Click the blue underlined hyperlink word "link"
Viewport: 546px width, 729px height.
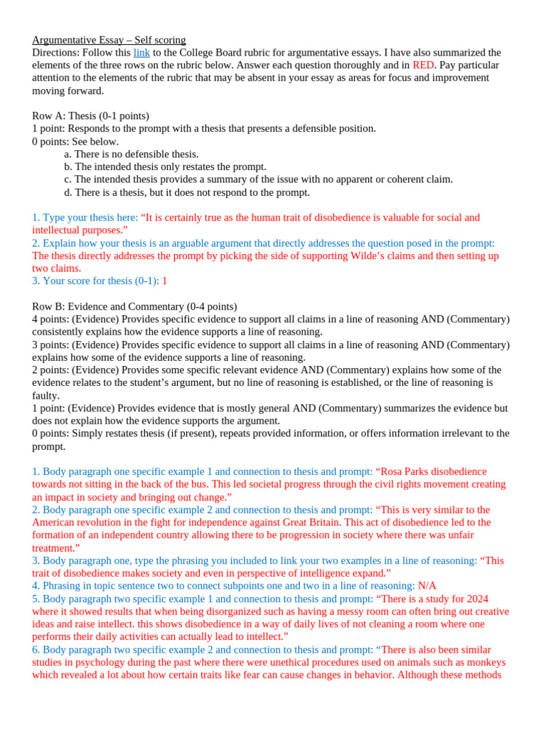tap(141, 53)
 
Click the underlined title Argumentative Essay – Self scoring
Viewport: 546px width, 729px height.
tap(109, 40)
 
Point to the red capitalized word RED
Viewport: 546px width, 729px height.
tap(423, 65)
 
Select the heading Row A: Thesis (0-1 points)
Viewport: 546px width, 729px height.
tap(90, 116)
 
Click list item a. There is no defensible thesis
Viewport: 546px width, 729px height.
tap(131, 154)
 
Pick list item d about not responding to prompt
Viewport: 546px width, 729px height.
tap(186, 192)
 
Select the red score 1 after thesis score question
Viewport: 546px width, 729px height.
tap(165, 281)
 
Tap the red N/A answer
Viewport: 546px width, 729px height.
tap(427, 586)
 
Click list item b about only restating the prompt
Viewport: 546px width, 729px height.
tap(165, 167)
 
